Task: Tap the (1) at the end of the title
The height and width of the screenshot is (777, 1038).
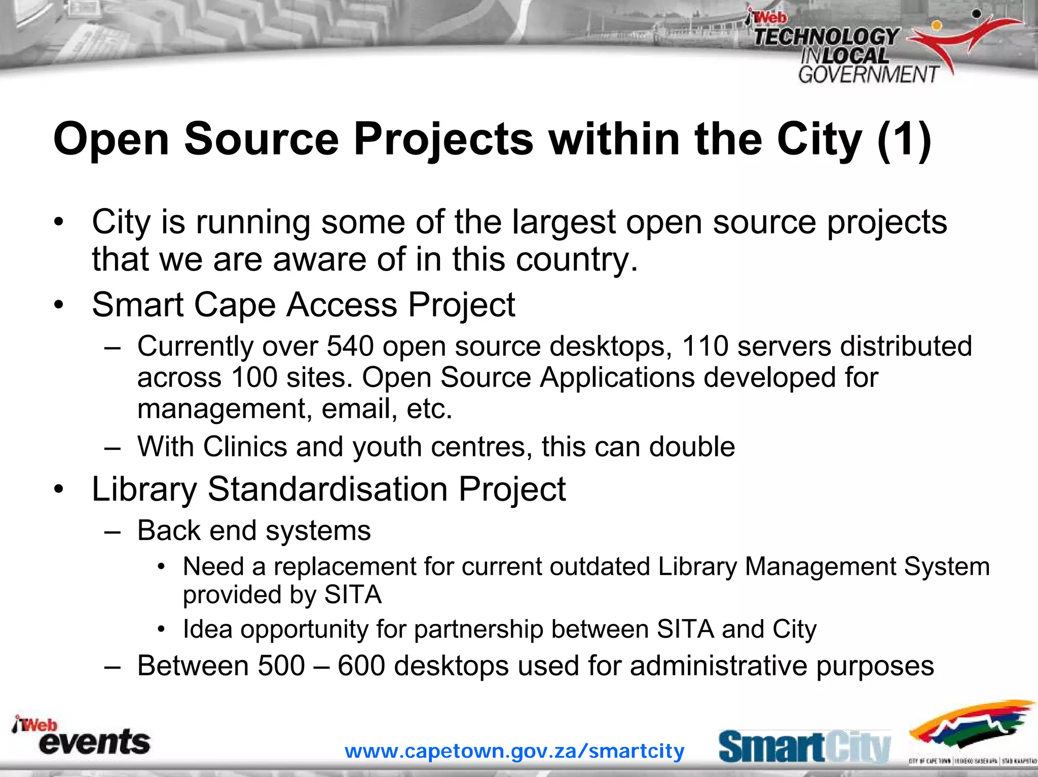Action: coord(904,140)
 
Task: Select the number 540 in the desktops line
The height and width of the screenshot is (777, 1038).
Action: coord(350,346)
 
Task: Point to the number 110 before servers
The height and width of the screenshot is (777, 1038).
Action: coord(705,346)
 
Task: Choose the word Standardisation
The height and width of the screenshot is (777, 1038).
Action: coord(327,489)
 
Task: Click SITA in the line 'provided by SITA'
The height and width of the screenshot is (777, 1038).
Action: coord(353,595)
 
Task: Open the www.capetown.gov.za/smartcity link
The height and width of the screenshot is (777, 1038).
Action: coord(514,751)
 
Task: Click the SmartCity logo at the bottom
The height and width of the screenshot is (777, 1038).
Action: coord(804,747)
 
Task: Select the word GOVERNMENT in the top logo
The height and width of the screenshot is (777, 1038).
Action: coord(868,75)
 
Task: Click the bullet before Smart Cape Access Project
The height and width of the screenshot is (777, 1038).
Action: coord(59,305)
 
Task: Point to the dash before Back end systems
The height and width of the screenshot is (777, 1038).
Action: coord(112,531)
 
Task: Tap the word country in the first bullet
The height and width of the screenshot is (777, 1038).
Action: coord(576,260)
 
